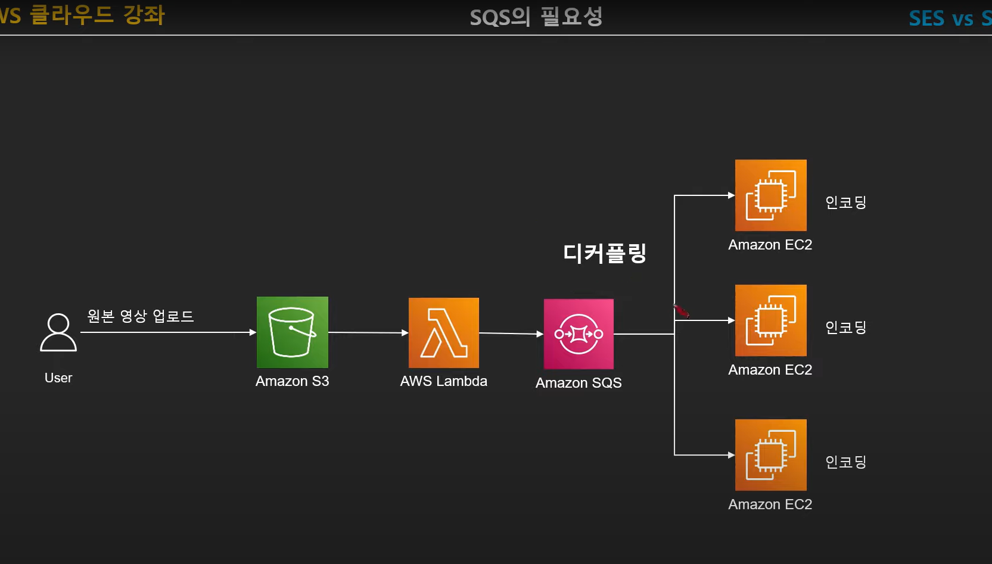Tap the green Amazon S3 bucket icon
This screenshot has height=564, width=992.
point(292,332)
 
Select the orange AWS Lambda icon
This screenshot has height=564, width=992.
point(443,333)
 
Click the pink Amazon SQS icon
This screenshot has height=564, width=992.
point(579,334)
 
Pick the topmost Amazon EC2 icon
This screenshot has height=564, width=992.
point(770,195)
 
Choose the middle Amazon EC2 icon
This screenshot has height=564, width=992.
point(770,320)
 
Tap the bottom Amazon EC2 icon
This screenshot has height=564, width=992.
point(770,455)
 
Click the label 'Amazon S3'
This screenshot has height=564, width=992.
point(292,381)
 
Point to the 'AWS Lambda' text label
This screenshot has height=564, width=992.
point(443,381)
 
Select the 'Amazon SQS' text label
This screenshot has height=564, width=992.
point(579,383)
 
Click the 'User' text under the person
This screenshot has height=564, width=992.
point(58,378)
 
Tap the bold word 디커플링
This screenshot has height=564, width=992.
point(605,253)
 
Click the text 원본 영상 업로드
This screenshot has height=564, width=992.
point(141,316)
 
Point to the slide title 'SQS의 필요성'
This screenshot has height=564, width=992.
point(536,17)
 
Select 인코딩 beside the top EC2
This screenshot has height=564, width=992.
point(845,202)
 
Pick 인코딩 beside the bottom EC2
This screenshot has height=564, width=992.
point(845,462)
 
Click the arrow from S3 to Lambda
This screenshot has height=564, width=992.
point(368,332)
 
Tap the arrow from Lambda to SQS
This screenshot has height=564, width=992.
point(511,334)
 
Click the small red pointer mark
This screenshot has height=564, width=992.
point(681,310)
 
